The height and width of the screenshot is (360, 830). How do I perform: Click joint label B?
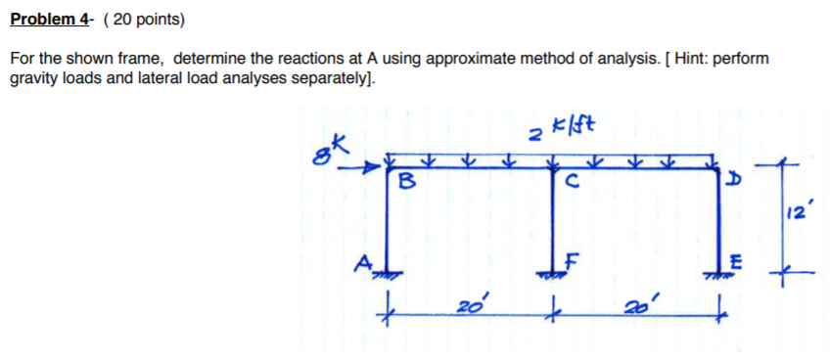coord(405,181)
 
